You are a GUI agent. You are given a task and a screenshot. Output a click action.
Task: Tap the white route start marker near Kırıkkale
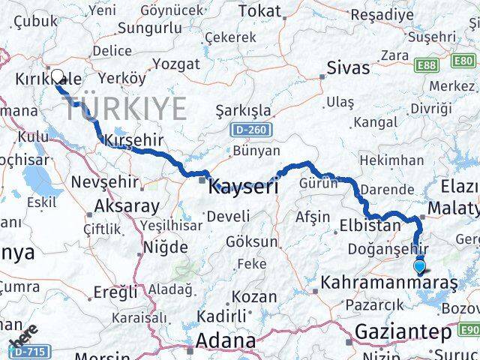point(57,76)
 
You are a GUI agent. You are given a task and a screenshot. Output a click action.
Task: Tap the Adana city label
point(225,341)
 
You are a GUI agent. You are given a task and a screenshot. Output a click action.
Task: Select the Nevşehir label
point(104,181)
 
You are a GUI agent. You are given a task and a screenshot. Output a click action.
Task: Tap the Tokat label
point(260,11)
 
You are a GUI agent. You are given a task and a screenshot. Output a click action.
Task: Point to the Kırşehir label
point(132,140)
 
